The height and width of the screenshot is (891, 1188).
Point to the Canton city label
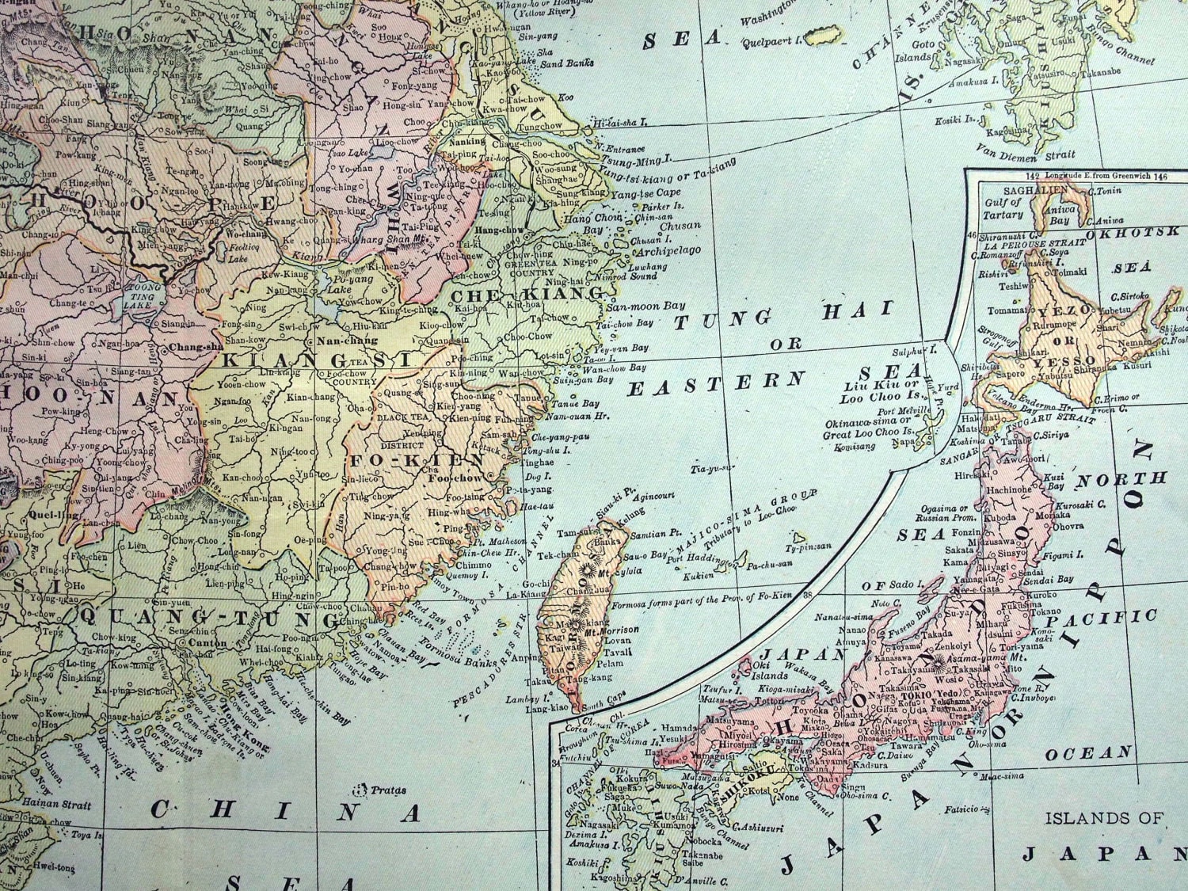click(x=208, y=643)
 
